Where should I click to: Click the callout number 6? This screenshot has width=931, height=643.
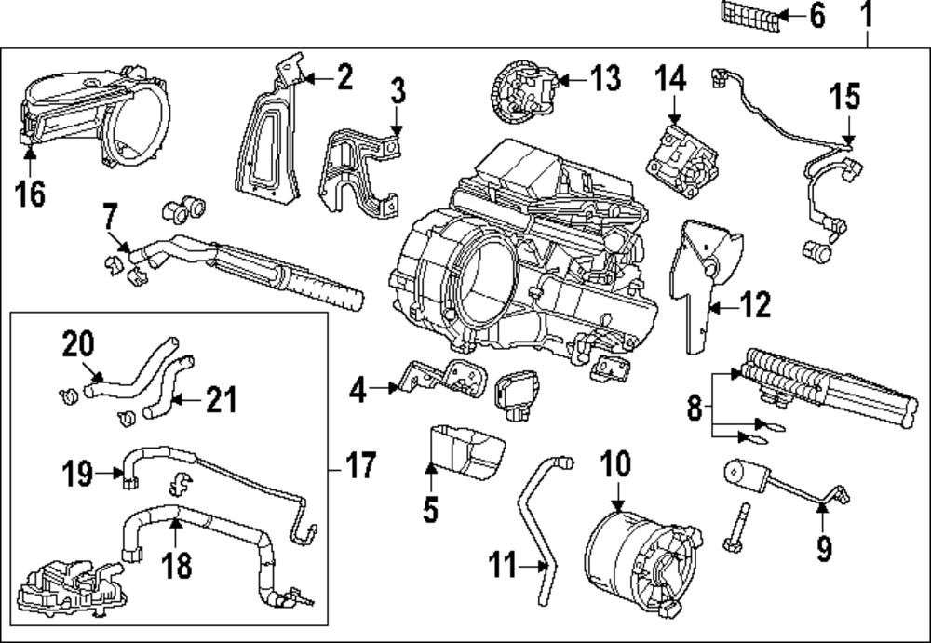pos(816,16)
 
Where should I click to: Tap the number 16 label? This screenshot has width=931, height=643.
pos(30,196)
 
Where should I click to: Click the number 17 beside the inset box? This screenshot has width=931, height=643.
pos(358,463)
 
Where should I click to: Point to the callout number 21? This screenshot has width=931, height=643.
pos(220,401)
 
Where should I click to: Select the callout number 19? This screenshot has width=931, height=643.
pos(78,474)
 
